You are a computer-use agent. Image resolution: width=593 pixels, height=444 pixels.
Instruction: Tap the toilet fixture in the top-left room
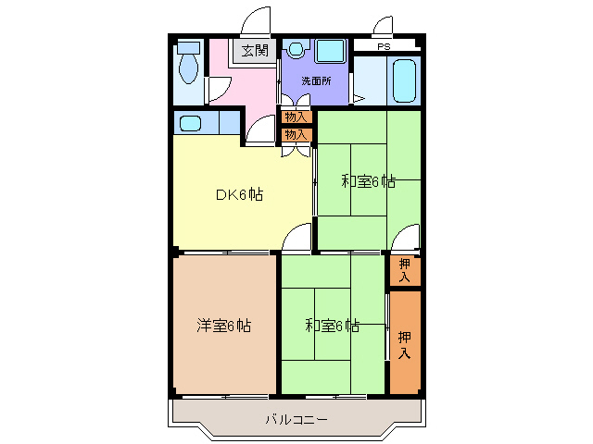189,64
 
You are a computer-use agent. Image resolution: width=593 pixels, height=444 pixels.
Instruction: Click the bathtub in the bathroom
405,80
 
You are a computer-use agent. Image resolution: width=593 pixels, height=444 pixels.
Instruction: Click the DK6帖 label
238,194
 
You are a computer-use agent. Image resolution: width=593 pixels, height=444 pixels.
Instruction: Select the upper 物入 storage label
296,117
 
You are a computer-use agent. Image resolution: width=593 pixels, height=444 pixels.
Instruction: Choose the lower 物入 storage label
296,135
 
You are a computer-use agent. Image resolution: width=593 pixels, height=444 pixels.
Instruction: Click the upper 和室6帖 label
368,181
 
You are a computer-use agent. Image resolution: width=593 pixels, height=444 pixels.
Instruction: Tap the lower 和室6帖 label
332,325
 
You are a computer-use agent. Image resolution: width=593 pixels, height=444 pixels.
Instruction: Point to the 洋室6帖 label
222,325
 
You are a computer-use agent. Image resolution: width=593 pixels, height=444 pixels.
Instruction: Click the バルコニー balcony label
296,419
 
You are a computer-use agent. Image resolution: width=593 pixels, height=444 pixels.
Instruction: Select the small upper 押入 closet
405,269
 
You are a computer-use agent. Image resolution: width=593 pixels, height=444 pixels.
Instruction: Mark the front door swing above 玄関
256,21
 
